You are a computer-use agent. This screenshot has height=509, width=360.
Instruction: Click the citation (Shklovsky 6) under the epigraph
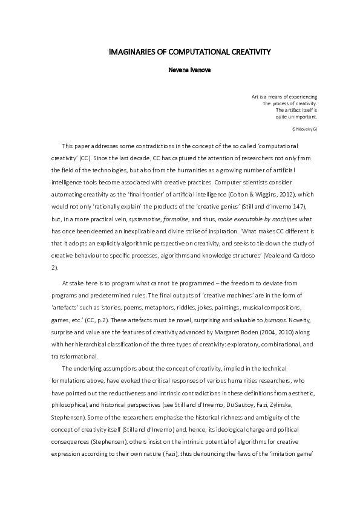(304, 129)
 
